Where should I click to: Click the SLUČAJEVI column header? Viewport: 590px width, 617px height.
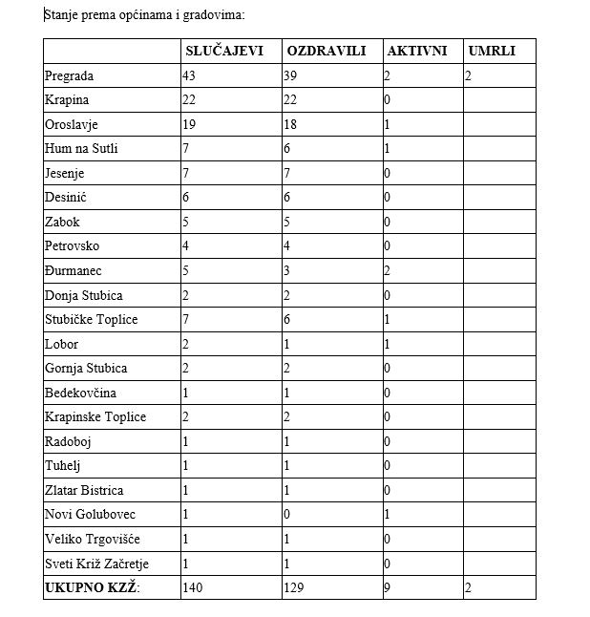[x=223, y=51]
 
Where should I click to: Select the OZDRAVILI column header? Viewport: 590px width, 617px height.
[x=326, y=51]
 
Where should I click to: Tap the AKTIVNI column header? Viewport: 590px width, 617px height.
[x=416, y=51]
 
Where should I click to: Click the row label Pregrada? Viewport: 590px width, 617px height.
[x=69, y=75]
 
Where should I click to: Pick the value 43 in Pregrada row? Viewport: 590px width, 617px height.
[x=189, y=75]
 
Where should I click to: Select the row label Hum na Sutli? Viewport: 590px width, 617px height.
[x=81, y=148]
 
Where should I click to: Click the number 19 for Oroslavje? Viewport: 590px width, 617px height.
[x=189, y=124]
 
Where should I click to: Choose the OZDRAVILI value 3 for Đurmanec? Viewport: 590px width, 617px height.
[x=287, y=270]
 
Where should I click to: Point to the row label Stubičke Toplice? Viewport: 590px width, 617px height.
[x=91, y=319]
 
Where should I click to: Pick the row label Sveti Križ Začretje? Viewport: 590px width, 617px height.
[x=96, y=564]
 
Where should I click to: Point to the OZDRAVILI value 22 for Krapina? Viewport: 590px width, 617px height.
[x=290, y=99]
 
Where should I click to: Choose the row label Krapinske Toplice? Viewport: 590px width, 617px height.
[x=95, y=416]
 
